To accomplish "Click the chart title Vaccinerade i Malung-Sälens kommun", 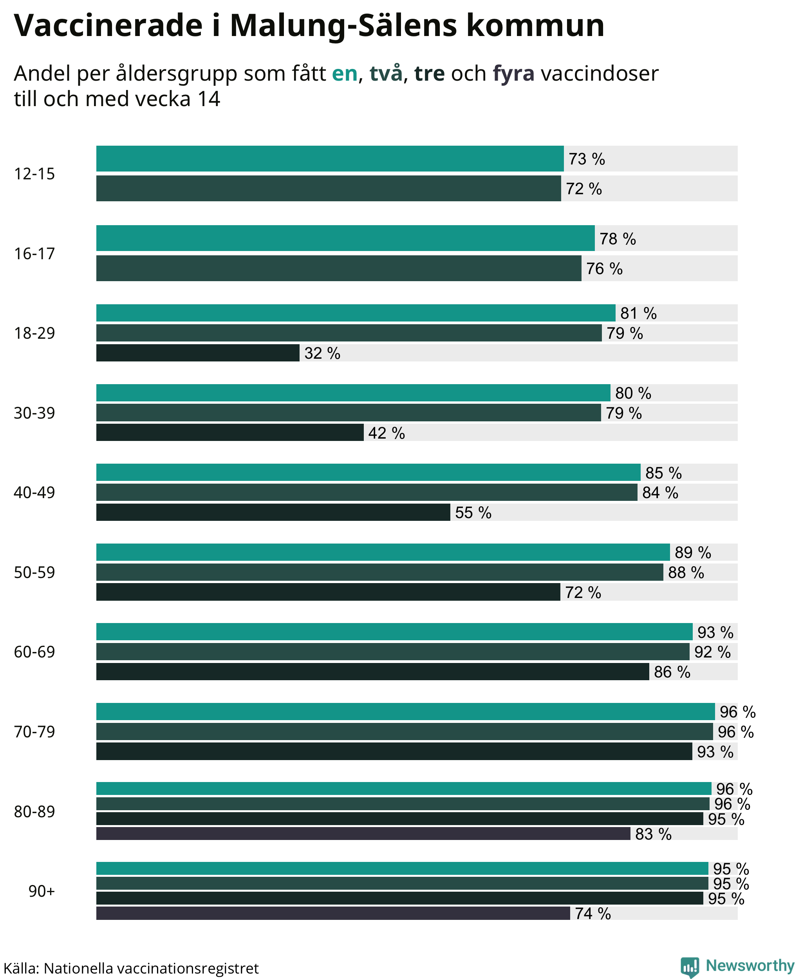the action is tap(309, 25).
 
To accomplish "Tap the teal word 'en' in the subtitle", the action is tap(345, 74).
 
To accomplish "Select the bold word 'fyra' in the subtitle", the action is tap(513, 74).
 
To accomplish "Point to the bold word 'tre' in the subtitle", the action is tap(429, 74).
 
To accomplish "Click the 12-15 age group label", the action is tap(34, 174).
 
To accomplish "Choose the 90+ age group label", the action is tap(42, 891).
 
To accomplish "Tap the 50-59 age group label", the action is tap(34, 573).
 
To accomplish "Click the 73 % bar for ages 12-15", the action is tap(330, 159).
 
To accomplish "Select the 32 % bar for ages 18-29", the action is tap(198, 353).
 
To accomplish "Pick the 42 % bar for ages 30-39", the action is tap(229, 432).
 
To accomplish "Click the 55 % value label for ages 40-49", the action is tap(473, 512).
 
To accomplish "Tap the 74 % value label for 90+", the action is tap(593, 913).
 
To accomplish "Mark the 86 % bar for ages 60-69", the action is tap(372, 672).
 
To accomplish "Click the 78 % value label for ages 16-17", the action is tap(618, 239).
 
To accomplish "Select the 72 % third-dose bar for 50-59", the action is tap(328, 592).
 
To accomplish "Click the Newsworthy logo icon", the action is tap(690, 966).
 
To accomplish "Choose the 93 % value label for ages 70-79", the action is tap(715, 752).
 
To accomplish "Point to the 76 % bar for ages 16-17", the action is tap(339, 268).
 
